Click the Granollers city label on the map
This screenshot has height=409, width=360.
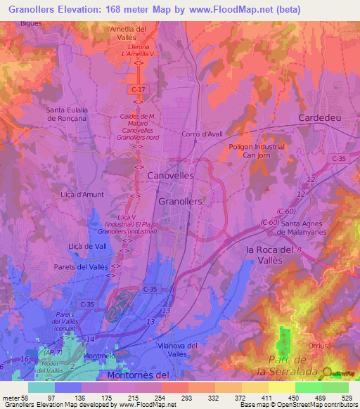(181, 201)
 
